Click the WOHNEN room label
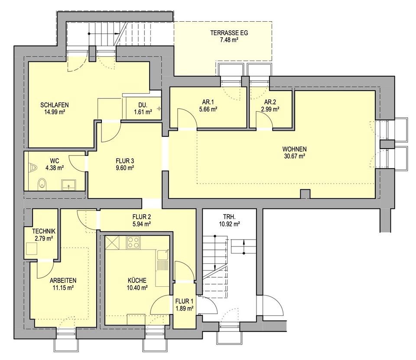pyautogui.click(x=295, y=149)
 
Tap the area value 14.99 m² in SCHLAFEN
pyautogui.click(x=55, y=112)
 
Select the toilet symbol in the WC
pyautogui.click(x=42, y=184)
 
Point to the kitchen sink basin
pyautogui.click(x=163, y=255)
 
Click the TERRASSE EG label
pyautogui.click(x=229, y=33)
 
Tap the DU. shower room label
pyautogui.click(x=143, y=105)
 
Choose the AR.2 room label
pyautogui.click(x=270, y=102)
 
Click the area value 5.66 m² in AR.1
pyautogui.click(x=208, y=109)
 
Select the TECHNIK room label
pyautogui.click(x=44, y=231)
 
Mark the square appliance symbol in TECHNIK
pyautogui.click(x=32, y=249)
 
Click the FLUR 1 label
pyautogui.click(x=184, y=302)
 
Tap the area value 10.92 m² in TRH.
pyautogui.click(x=230, y=224)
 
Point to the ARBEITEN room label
pyautogui.click(x=63, y=280)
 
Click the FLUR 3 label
pyautogui.click(x=125, y=161)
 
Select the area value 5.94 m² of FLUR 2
pyautogui.click(x=142, y=224)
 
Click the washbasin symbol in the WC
pyautogui.click(x=69, y=185)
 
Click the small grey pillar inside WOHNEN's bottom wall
pyautogui.click(x=305, y=194)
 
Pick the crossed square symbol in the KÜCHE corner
pyautogui.click(x=112, y=243)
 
